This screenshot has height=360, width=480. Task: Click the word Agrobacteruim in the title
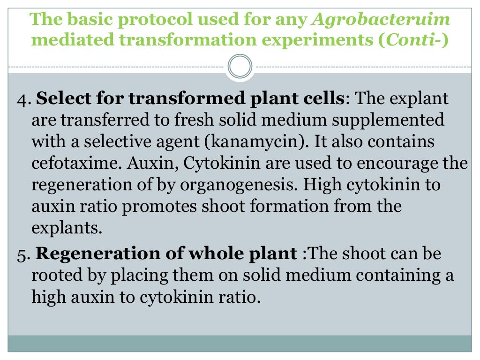381,20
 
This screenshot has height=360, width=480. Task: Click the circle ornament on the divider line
240,67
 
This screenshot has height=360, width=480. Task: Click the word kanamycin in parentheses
255,142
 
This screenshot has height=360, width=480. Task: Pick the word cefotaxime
72,163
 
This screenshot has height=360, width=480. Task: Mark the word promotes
168,206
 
